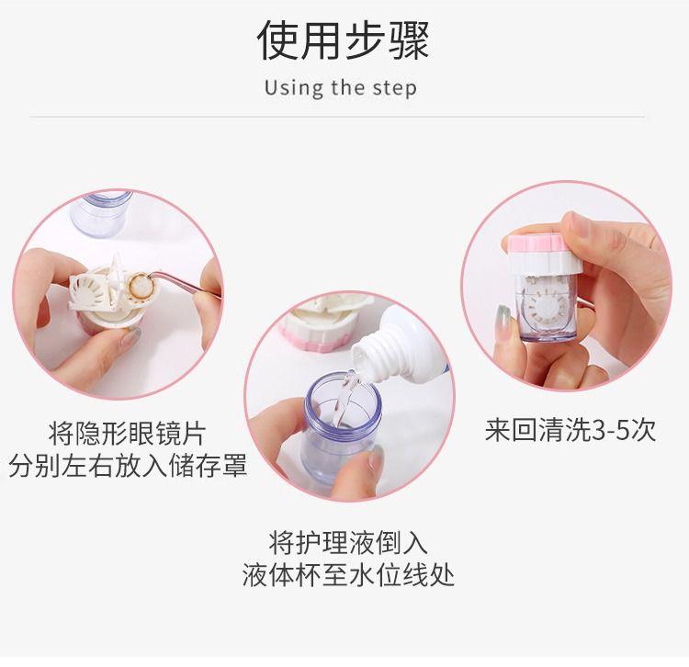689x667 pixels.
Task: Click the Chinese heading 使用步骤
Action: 344,40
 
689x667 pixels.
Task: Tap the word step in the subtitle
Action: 394,88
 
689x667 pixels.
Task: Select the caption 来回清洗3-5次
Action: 570,430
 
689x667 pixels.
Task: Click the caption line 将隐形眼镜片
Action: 127,434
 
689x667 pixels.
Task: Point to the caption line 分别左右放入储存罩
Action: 128,466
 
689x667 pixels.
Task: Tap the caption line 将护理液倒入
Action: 348,542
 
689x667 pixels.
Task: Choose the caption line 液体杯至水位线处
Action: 348,575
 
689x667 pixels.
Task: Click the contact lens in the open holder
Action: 141,287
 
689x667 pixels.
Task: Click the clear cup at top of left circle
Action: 100,213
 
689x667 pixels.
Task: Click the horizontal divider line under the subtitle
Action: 337,117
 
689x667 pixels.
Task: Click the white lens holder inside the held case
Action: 544,303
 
